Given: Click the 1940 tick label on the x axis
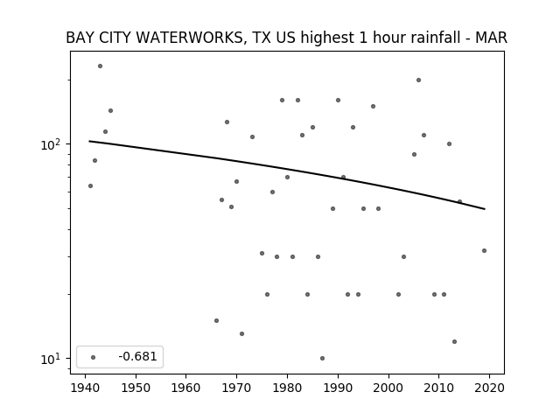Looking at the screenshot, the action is click(85, 388).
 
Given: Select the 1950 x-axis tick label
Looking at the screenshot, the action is click(136, 388).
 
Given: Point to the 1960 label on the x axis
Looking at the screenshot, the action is click(186, 388).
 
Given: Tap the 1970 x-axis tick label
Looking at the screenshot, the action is click(236, 388).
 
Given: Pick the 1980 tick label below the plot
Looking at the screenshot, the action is click(287, 388).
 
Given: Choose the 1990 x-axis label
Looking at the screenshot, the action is click(338, 388).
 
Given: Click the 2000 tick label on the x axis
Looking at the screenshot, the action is click(388, 388).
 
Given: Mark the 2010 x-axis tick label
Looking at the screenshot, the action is click(438, 388).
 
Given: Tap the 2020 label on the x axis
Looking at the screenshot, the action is click(489, 388).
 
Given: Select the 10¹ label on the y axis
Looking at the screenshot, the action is click(51, 359).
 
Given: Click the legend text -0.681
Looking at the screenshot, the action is click(137, 356).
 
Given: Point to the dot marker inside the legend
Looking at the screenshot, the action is click(94, 357).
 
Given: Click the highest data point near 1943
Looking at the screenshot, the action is click(101, 66).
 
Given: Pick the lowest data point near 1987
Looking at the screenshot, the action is click(323, 358).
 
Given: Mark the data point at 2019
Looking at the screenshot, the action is click(484, 251).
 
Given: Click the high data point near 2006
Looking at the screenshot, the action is click(418, 80).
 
